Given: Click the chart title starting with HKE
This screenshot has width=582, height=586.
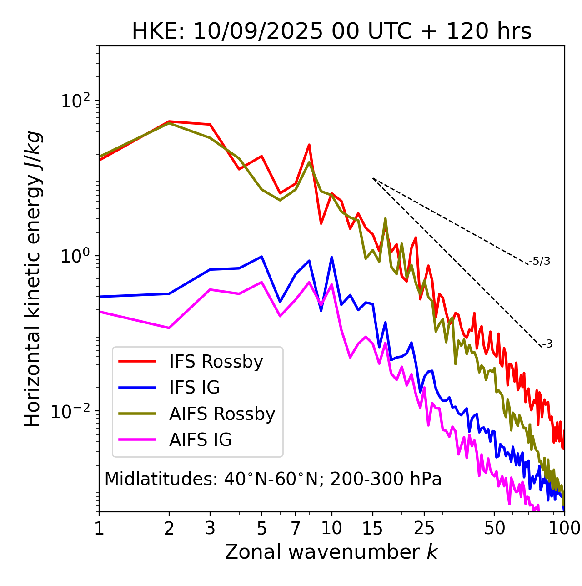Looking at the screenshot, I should pyautogui.click(x=331, y=31).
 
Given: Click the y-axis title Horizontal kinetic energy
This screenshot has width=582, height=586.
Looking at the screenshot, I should pyautogui.click(x=33, y=279).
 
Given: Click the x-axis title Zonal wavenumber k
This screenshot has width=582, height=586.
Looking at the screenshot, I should pyautogui.click(x=331, y=552).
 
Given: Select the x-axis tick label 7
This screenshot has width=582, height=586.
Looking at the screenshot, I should pyautogui.click(x=296, y=528).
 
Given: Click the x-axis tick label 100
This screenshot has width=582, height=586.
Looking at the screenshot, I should pyautogui.click(x=564, y=528).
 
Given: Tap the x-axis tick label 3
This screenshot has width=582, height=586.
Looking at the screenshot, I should pyautogui.click(x=210, y=528).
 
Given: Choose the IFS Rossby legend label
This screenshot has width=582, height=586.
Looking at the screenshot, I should pyautogui.click(x=216, y=362).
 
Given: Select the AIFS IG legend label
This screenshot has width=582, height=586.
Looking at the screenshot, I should pyautogui.click(x=201, y=440).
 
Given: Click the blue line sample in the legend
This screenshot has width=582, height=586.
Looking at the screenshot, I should pyautogui.click(x=137, y=388).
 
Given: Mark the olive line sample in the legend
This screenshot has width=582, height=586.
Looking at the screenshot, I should pyautogui.click(x=137, y=414).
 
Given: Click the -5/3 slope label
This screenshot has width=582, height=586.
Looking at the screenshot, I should pyautogui.click(x=540, y=261).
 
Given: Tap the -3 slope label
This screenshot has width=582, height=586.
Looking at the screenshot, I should pyautogui.click(x=547, y=344).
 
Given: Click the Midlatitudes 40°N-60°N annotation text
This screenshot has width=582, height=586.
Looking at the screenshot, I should pyautogui.click(x=273, y=479).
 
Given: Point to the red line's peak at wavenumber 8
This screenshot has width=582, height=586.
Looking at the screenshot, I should pyautogui.click(x=309, y=145).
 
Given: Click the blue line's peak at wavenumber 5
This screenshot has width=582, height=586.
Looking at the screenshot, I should pyautogui.click(x=261, y=257).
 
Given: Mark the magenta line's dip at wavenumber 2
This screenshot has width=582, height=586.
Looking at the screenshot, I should pyautogui.click(x=169, y=328).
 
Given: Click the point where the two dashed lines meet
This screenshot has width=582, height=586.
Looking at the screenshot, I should pyautogui.click(x=373, y=178).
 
